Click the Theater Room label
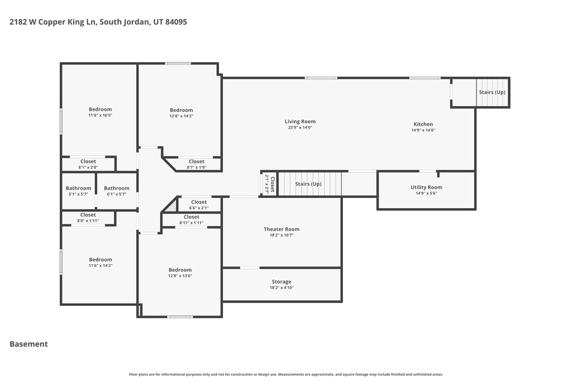click(x=282, y=229)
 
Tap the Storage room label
click(x=282, y=281)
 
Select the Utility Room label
click(x=426, y=187)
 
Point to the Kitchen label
click(x=423, y=124)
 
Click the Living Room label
click(x=300, y=121)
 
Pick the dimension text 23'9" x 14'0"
click(x=300, y=128)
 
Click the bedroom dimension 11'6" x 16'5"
click(x=100, y=115)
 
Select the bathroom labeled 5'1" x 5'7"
click(x=78, y=188)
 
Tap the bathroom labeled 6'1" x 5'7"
click(x=116, y=188)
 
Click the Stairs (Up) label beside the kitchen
click(x=492, y=92)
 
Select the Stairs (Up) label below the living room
click(x=308, y=183)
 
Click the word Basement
click(x=28, y=344)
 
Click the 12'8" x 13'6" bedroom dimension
click(x=180, y=276)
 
